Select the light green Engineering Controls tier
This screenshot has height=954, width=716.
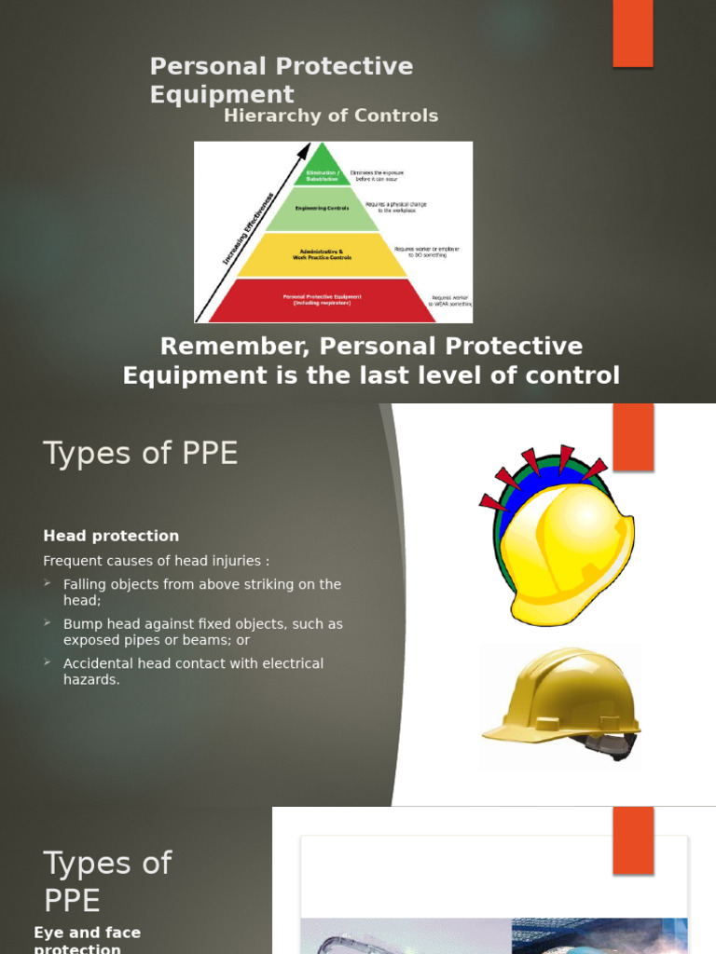[x=322, y=210]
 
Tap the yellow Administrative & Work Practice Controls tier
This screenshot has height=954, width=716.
[x=322, y=255]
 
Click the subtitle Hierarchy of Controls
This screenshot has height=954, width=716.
[x=330, y=116]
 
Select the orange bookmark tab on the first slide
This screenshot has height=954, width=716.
[x=632, y=33]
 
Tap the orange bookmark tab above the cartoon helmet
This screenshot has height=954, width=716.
[x=632, y=436]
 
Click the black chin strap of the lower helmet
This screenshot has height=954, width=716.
[x=611, y=745]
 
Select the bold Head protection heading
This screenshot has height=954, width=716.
[x=111, y=536]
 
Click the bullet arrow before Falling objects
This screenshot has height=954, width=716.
[x=48, y=583]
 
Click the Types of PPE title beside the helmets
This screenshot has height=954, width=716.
[x=140, y=454]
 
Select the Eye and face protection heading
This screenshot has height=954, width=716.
[x=87, y=939]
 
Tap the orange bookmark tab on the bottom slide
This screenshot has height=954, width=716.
[x=632, y=838]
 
